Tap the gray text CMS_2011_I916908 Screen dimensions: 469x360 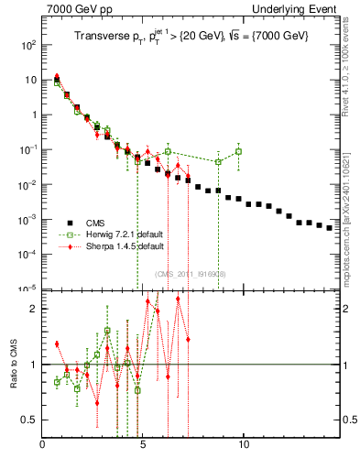tap(191, 274)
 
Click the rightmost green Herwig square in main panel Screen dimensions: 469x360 tap(238, 151)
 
